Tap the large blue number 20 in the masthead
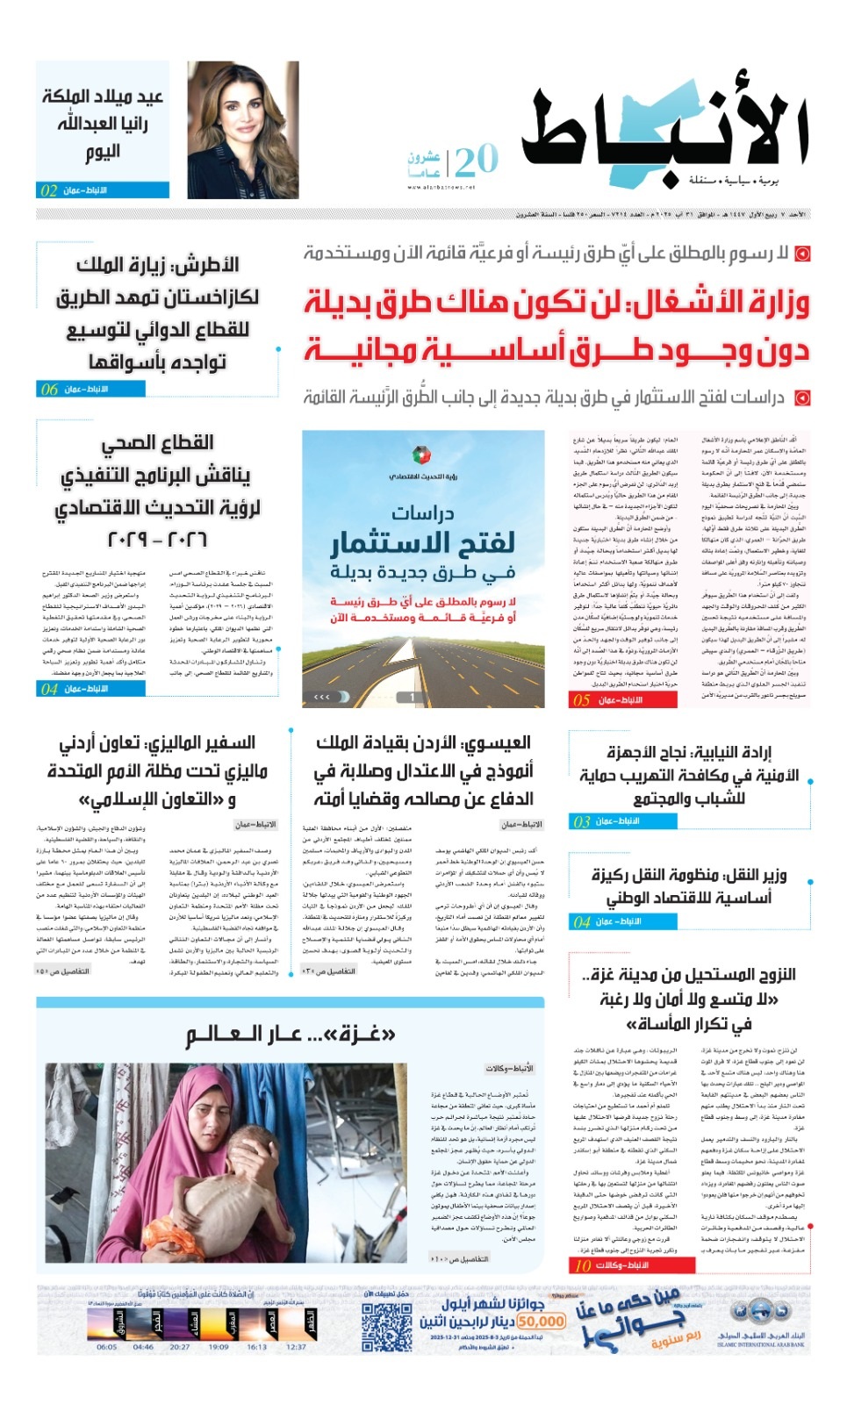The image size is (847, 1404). coord(477,161)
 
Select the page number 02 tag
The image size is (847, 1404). coord(49,190)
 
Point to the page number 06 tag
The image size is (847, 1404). coord(49,389)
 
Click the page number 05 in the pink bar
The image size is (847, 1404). coord(581,700)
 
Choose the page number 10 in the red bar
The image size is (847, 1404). coord(583,1265)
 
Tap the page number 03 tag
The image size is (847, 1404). coord(581,821)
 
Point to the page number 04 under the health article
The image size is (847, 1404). coord(49,689)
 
